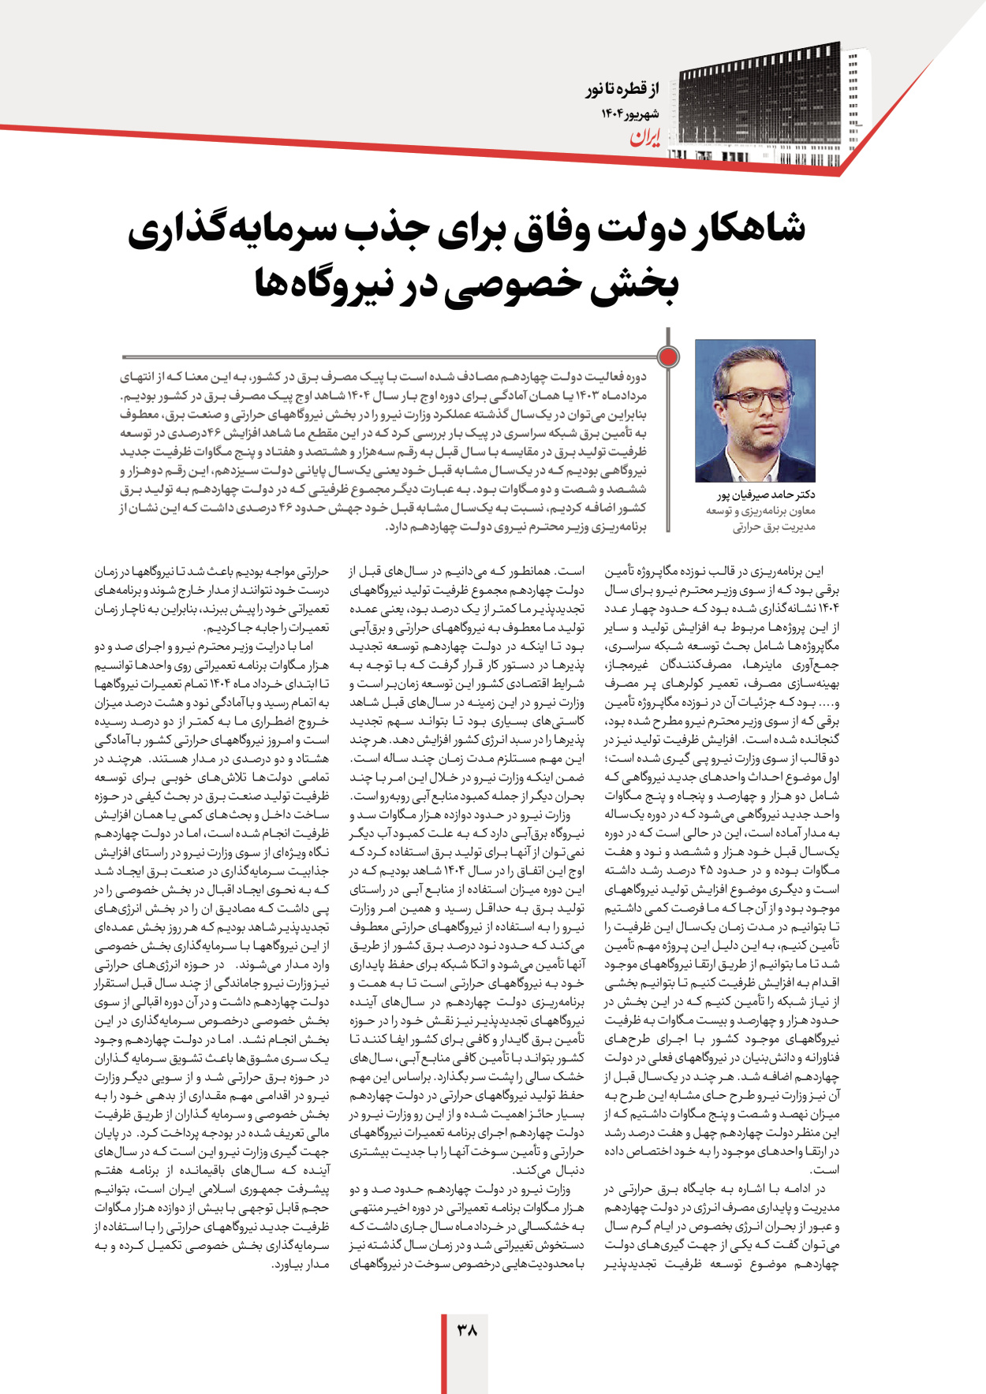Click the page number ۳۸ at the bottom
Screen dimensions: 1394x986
[x=468, y=1330]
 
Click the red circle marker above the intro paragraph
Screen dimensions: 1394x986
[x=669, y=357]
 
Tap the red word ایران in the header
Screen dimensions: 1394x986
[x=644, y=139]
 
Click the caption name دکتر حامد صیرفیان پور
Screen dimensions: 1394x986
[x=766, y=495]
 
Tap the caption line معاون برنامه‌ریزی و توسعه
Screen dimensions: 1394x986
[x=760, y=511]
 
